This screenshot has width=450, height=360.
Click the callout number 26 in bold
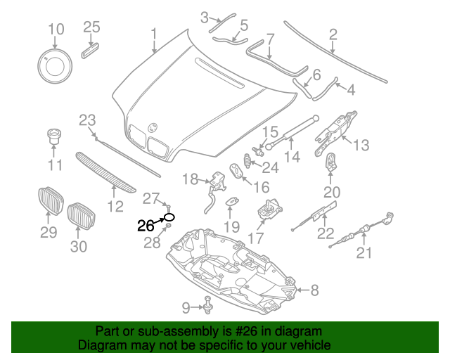tap(145, 226)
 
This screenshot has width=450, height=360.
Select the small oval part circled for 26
tap(169, 217)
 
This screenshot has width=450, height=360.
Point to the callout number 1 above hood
tap(154, 33)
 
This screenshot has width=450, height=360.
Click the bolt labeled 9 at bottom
tap(208, 306)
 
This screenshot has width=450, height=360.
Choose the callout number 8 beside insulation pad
tap(314, 290)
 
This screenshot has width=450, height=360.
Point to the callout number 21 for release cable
tap(364, 253)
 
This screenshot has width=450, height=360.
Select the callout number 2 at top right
tap(333, 33)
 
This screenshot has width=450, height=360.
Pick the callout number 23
tap(86, 120)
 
